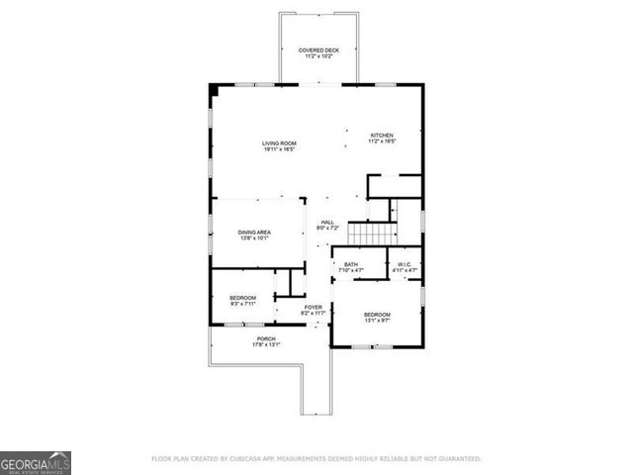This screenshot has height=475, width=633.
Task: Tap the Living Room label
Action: point(279,143)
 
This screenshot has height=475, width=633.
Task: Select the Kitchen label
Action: point(382,135)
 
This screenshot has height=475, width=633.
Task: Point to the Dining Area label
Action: point(254,232)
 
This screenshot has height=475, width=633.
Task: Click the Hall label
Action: point(327,222)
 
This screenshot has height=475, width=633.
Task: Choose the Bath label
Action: point(351,264)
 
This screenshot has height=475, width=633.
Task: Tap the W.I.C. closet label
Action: point(404,264)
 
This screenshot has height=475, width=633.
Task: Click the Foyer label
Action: point(314,307)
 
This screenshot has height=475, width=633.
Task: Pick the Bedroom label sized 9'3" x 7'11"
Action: point(243,298)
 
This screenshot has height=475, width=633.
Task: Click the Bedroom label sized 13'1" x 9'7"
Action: point(376,315)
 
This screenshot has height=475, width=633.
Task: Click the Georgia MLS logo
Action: point(36,462)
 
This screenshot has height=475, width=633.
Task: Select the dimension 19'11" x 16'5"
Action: point(279,149)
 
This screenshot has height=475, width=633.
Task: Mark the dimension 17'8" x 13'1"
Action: point(266,344)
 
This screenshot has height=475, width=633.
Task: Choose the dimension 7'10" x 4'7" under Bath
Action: point(351,270)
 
